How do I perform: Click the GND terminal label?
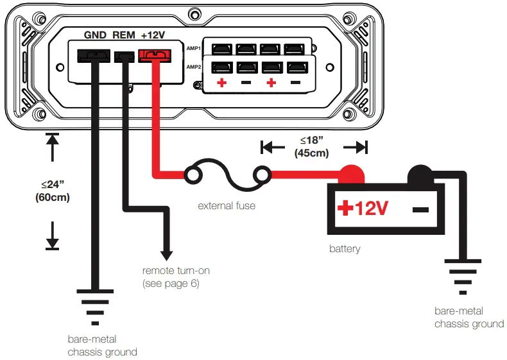tap(96, 35)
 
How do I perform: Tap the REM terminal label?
tap(124, 35)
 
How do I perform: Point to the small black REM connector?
tap(124, 57)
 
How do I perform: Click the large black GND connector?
tap(94, 56)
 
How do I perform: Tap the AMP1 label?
tap(194, 48)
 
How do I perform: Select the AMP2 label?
tap(194, 67)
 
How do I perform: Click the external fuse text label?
tap(227, 206)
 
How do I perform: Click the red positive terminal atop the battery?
tap(351, 173)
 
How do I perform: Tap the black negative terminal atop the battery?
tap(420, 173)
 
